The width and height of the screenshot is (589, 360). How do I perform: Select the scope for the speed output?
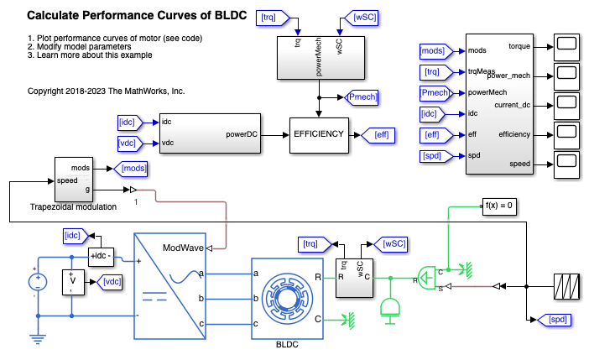[564, 164]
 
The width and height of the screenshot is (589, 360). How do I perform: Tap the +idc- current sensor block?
[102, 255]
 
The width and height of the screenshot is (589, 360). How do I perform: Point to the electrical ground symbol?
[39, 338]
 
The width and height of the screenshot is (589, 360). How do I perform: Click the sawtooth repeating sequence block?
[564, 286]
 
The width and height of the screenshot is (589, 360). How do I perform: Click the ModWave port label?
[182, 248]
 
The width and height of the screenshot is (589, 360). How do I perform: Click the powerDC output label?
[243, 134]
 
